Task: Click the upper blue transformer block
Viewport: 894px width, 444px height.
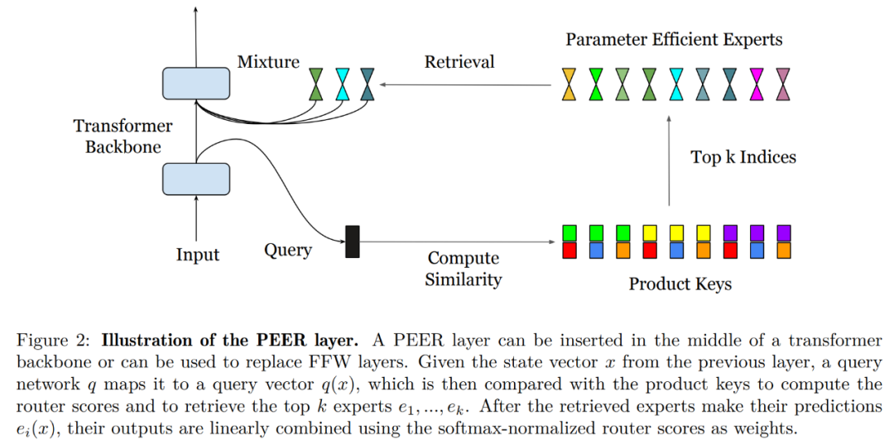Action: click(196, 84)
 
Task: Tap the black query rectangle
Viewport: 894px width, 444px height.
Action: click(352, 241)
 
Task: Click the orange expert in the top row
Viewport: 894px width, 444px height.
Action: click(569, 84)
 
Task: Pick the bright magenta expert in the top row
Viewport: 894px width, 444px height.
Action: click(756, 84)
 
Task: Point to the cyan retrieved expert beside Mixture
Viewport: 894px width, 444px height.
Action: click(342, 84)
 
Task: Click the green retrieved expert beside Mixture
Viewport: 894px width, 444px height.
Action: click(316, 84)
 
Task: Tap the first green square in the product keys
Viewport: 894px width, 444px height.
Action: click(569, 232)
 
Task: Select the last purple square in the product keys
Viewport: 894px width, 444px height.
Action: click(783, 232)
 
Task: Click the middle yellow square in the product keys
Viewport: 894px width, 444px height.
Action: click(676, 232)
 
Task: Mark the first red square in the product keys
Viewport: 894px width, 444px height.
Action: click(569, 249)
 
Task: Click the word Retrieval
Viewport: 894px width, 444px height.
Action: click(459, 62)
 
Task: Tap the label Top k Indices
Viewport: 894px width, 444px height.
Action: click(743, 157)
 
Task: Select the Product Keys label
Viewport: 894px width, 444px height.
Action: click(680, 284)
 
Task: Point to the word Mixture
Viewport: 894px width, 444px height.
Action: click(268, 62)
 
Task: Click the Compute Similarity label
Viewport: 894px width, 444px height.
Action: click(463, 269)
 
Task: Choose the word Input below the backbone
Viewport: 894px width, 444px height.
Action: click(198, 255)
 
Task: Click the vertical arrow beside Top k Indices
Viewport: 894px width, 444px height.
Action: click(669, 161)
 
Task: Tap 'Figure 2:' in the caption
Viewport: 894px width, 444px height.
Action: click(54, 341)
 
